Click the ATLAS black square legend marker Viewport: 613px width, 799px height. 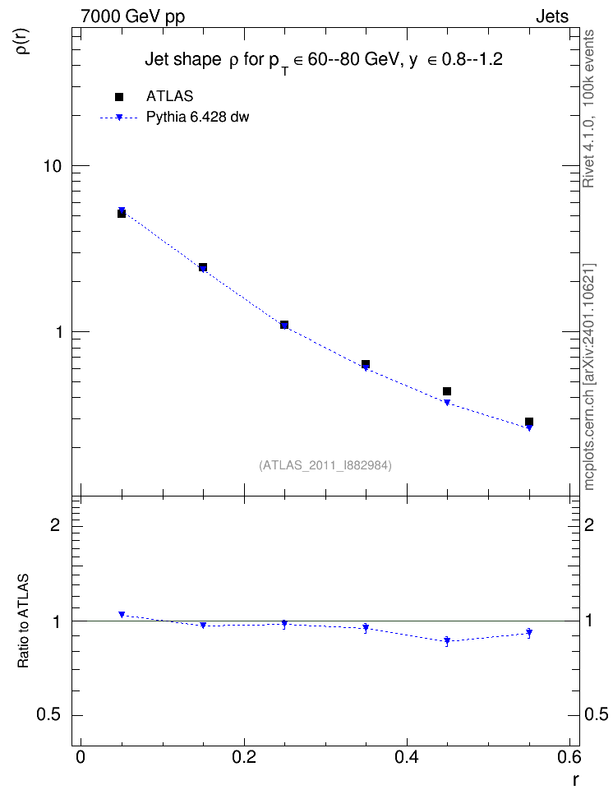pos(119,97)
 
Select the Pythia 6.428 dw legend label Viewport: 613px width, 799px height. pos(198,118)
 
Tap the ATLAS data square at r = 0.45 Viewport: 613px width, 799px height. pos(447,391)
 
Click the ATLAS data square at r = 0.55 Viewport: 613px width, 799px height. pos(529,422)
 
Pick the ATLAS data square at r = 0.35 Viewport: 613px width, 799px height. pos(366,364)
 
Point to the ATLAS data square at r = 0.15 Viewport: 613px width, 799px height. pos(203,267)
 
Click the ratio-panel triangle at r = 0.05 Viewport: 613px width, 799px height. pos(122,615)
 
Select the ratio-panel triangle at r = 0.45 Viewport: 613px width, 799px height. pos(447,640)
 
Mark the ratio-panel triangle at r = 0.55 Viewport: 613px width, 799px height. pos(529,632)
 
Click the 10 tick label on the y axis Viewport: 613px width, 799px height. pos(53,166)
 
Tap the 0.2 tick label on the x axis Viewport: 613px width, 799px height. pos(244,757)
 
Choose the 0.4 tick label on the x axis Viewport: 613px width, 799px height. pos(407,757)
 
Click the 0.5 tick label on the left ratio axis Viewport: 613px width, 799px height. pos(48,715)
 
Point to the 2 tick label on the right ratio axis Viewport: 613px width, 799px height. pos(589,524)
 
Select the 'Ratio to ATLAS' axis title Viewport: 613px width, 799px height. pos(23,621)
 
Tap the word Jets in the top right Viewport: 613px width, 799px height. pos(552,16)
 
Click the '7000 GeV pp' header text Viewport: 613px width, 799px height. pos(132,16)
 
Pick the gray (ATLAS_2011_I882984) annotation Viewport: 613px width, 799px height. pos(325,465)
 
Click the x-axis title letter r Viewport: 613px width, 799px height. pos(575,779)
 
